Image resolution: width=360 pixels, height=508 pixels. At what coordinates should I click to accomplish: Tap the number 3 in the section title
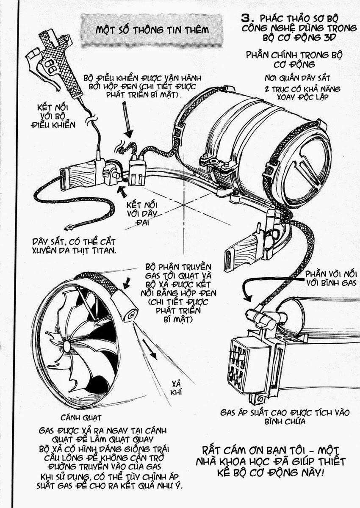pyautogui.click(x=247, y=18)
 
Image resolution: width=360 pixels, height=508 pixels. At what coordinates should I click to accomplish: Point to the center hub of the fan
pyautogui.click(x=66, y=347)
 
